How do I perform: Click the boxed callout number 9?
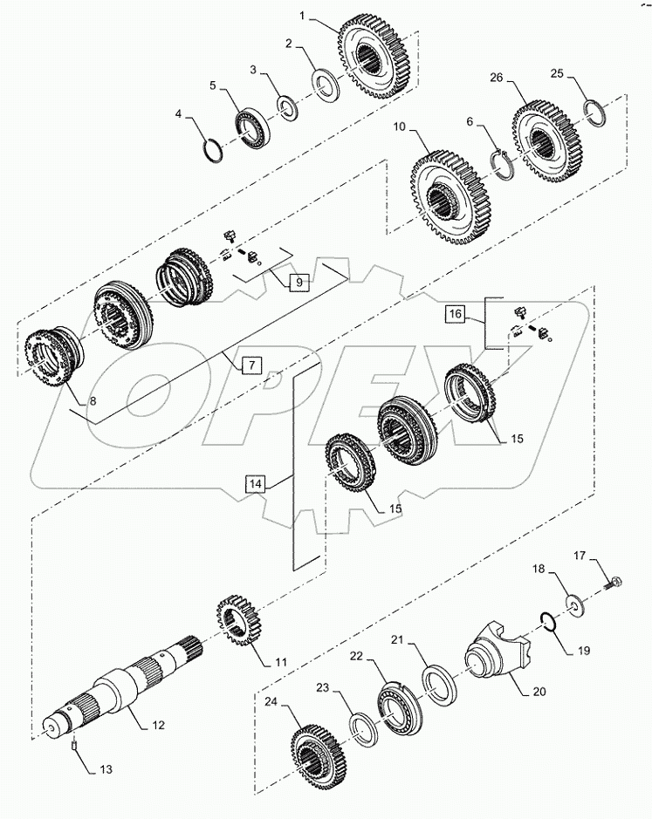click(299, 282)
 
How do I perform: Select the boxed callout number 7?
click(251, 365)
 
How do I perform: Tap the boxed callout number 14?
click(255, 484)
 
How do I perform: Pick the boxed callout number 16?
click(456, 313)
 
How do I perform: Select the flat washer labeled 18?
click(576, 606)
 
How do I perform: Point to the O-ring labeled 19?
click(548, 621)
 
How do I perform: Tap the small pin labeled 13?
click(73, 746)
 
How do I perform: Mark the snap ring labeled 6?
click(505, 165)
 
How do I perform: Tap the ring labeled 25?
click(595, 113)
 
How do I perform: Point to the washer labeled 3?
click(287, 108)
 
